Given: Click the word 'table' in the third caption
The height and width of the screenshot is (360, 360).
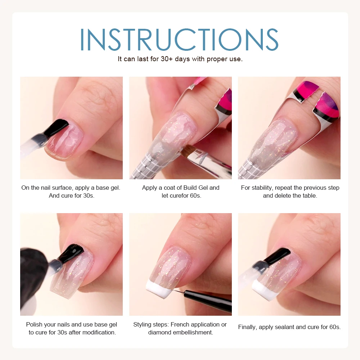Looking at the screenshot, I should pos(309,195).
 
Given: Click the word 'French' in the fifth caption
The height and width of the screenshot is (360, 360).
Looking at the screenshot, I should pos(180,324).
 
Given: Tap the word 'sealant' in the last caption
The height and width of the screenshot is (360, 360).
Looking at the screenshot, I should pos(285,327).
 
